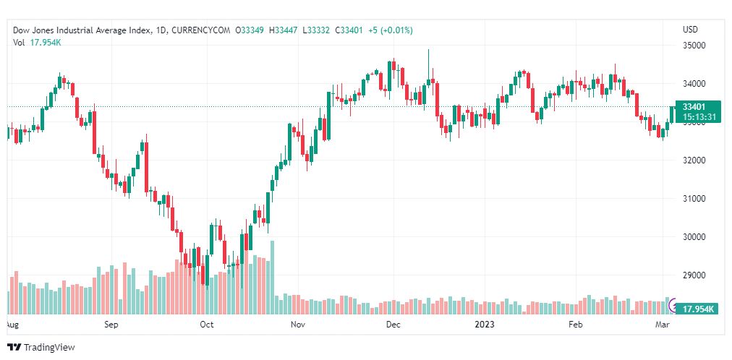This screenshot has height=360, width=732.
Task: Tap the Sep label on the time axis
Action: pyautogui.click(x=111, y=325)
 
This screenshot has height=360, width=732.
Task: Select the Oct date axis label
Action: pyautogui.click(x=207, y=325)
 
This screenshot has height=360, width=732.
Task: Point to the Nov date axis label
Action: pyautogui.click(x=297, y=325)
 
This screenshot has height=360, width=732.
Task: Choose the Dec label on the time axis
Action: pyautogui.click(x=393, y=325)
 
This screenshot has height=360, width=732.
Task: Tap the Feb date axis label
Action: pyautogui.click(x=575, y=325)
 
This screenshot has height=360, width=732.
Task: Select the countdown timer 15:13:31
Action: pyautogui.click(x=695, y=116)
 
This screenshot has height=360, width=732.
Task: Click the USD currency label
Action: pyautogui.click(x=690, y=30)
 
